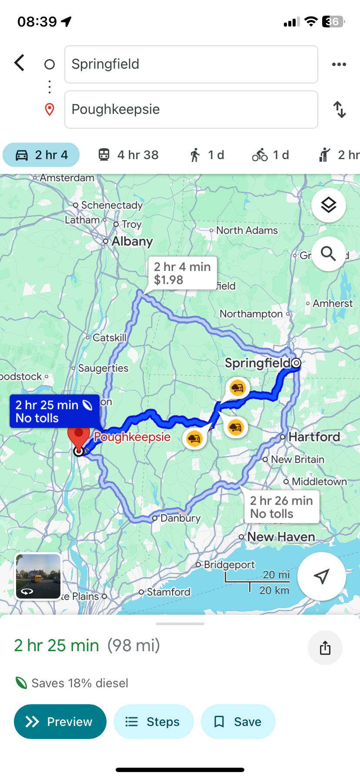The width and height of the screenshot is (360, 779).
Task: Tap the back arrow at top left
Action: pos(20,63)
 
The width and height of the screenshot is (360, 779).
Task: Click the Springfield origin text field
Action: pos(191,64)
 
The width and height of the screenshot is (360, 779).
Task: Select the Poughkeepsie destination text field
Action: pos(191,110)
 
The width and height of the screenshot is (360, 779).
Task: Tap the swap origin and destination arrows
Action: pos(340,110)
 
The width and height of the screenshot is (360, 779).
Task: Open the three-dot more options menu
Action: pos(339,64)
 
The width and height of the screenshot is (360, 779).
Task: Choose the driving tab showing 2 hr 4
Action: pos(41,155)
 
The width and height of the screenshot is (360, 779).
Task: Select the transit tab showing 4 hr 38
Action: pos(128,155)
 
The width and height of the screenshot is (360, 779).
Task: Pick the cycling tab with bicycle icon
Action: pos(270,155)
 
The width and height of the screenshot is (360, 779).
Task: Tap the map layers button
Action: pos(329,205)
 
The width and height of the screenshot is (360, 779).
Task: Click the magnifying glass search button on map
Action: pos(329,254)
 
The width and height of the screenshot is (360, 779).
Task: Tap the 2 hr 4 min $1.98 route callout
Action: pos(182,273)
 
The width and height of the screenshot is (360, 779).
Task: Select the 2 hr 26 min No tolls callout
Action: pos(281,507)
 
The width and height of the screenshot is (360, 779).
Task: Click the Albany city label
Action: pos(132,241)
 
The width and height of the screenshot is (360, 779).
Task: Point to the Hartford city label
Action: pos(314,436)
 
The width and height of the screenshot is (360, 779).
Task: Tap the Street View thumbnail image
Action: pos(38,577)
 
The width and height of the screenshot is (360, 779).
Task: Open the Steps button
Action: pos(153,722)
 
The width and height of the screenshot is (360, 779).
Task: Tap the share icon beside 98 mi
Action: pos(325,648)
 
